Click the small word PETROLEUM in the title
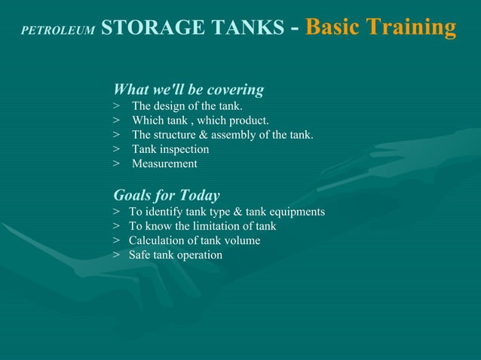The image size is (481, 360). click(x=57, y=31)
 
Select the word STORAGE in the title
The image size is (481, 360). click(x=142, y=28)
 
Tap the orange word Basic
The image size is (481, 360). click(x=332, y=28)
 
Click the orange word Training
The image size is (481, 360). click(x=411, y=29)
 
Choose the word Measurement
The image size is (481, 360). click(x=164, y=163)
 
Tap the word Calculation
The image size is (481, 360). click(x=157, y=240)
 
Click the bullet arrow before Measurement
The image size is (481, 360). click(x=117, y=163)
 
